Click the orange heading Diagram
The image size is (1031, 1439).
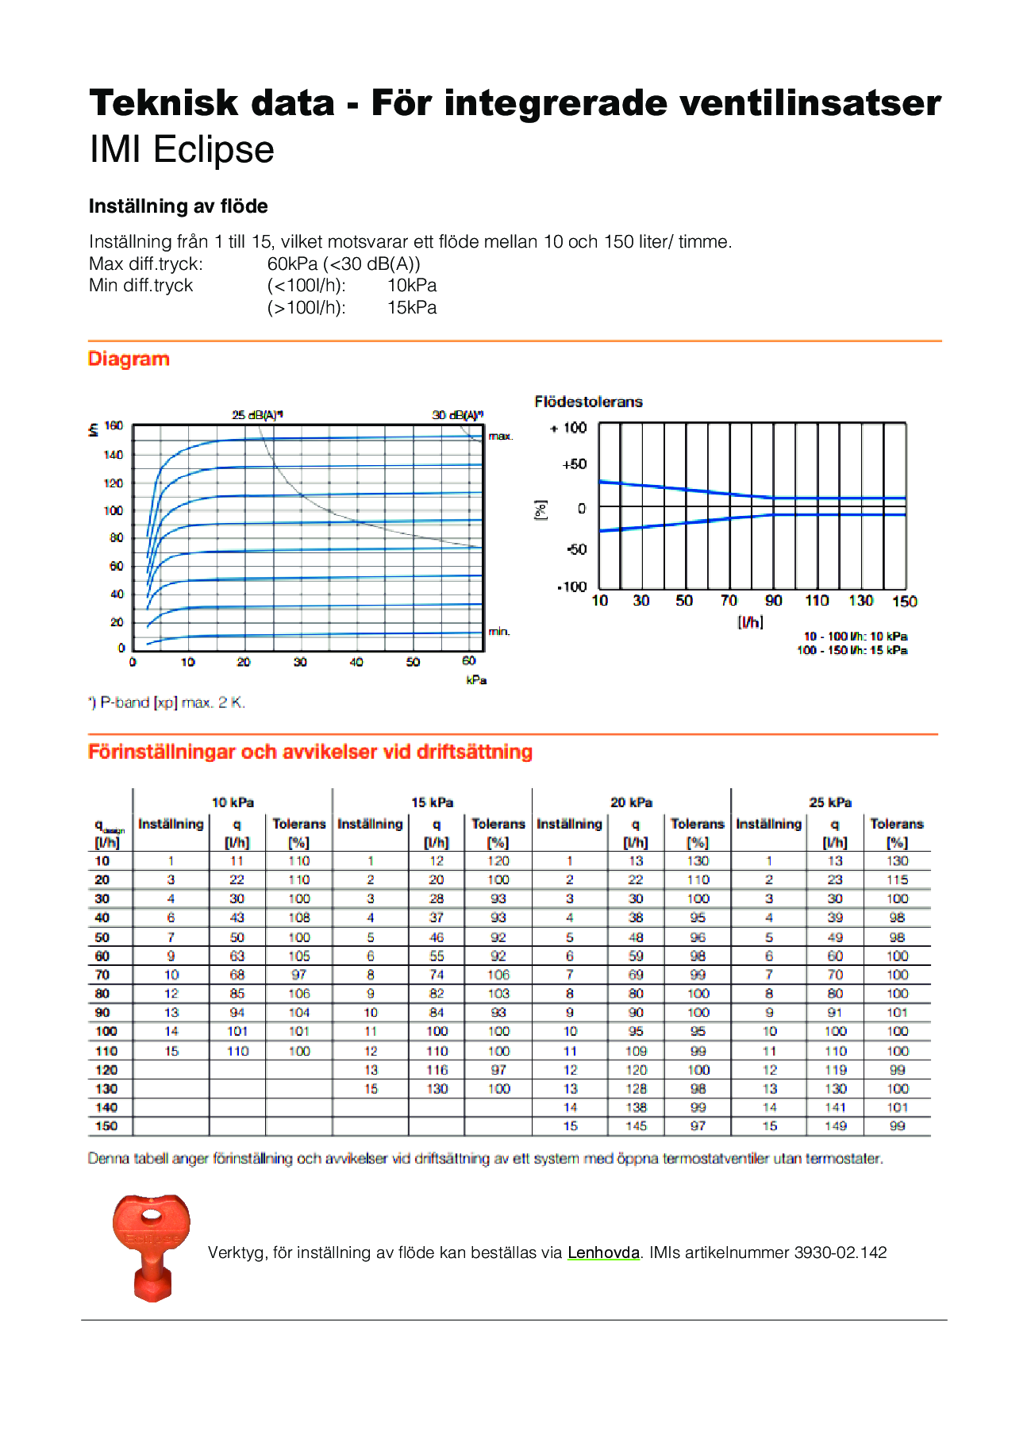[129, 359]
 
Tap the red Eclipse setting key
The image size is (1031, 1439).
[151, 1245]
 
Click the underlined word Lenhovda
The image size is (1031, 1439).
[603, 1252]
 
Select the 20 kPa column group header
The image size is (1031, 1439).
[631, 802]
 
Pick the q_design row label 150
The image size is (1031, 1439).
[106, 1126]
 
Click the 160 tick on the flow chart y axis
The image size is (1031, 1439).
[114, 426]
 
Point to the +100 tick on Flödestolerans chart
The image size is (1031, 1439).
[569, 429]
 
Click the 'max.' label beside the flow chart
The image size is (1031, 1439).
[501, 437]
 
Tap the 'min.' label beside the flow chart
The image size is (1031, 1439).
[499, 632]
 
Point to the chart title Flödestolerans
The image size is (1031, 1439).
[588, 402]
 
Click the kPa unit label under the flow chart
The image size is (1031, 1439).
[476, 680]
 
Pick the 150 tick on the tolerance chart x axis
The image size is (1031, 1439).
[904, 602]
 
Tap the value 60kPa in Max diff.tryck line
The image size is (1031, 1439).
[292, 264]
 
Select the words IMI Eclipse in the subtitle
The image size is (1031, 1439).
[182, 149]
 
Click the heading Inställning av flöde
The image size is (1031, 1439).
[179, 206]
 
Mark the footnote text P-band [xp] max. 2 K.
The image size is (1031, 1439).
[171, 702]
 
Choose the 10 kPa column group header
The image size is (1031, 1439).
[233, 802]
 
